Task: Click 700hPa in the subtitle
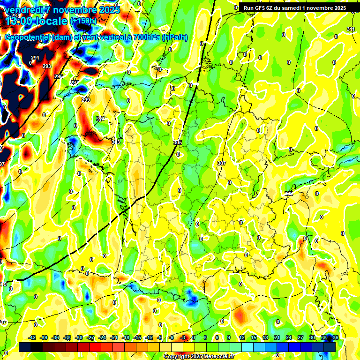click(x=146, y=37)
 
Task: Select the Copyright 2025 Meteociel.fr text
click(x=200, y=357)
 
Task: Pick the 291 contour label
click(x=35, y=58)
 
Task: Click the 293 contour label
click(x=47, y=67)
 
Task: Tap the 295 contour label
click(x=58, y=76)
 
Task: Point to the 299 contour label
click(x=86, y=100)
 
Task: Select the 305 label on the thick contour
click(x=178, y=142)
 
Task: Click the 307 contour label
click(x=222, y=163)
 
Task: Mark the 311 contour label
click(x=351, y=30)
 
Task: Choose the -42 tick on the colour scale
click(x=32, y=337)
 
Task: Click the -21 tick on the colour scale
click(x=114, y=337)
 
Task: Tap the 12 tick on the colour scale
click(x=242, y=337)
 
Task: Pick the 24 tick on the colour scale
click(x=288, y=337)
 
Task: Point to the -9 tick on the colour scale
click(x=160, y=337)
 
